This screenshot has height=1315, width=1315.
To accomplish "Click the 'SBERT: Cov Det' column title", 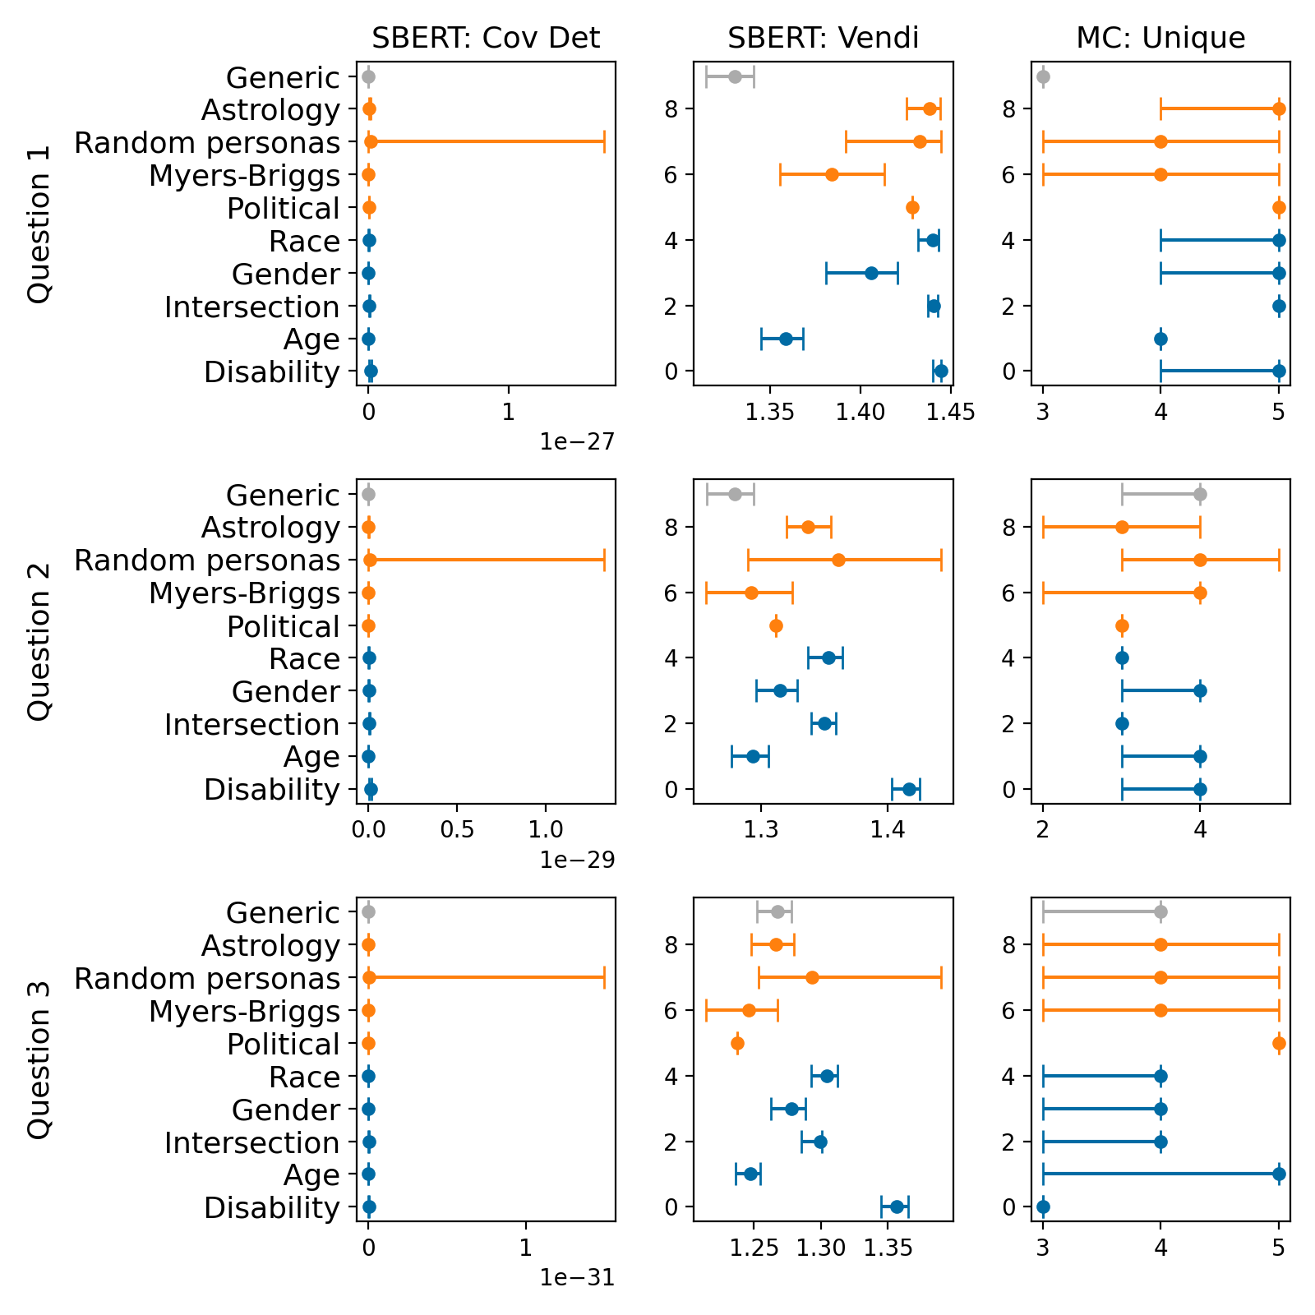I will coord(486,38).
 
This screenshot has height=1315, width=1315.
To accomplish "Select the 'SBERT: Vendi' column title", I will coord(823,38).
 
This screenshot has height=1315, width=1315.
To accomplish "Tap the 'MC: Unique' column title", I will coord(1160,38).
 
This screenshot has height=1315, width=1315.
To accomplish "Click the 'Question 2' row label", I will coord(39,642).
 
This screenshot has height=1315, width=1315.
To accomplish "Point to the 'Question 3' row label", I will coord(39,1059).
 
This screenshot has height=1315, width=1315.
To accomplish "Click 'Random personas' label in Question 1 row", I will coord(207,143).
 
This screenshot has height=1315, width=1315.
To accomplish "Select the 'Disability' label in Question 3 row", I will coord(272,1208).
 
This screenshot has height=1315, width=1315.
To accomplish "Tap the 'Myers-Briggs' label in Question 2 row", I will coord(244,593).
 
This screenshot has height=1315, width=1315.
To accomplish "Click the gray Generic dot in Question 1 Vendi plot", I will coord(735,76).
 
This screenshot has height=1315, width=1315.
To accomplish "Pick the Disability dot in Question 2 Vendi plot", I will coord(909,789).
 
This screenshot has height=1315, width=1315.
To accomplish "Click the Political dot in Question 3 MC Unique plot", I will coord(1279,1043).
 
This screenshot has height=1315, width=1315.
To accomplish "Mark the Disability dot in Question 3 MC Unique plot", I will coord(1043,1207).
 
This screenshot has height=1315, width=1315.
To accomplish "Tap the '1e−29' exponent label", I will coord(577,860).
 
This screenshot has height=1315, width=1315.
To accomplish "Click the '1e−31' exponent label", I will coord(577,1277).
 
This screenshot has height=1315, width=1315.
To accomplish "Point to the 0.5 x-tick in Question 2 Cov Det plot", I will coord(457,828).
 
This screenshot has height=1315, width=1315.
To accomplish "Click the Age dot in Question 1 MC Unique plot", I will coord(1160,339).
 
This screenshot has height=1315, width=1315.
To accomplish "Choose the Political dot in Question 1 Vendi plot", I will coord(912,207).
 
